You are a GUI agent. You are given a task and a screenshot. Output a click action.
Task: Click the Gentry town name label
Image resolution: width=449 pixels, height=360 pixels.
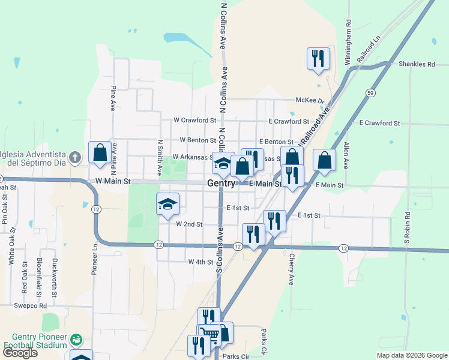pos(221,183)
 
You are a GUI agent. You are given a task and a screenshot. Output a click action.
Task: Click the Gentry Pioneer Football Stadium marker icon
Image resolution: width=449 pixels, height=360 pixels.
pos(76,340)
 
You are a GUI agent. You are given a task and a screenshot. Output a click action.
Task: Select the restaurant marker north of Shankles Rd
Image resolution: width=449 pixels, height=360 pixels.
pos(316,58)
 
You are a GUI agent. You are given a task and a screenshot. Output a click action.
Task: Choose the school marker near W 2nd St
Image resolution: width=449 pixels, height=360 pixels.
pos(168,204)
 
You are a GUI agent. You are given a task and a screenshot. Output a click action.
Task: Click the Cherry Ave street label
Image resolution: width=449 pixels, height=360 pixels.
pos(291,268)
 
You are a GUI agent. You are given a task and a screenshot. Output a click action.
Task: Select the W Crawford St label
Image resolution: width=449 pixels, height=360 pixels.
pos(194,121)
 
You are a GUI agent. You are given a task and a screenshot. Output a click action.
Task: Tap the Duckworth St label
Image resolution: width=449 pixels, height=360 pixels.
pos(54,278)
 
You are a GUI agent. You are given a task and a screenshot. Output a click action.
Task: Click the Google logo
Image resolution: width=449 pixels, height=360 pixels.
pos(20,353)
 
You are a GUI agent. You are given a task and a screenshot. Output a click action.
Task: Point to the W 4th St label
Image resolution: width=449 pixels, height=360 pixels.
pos(200,262)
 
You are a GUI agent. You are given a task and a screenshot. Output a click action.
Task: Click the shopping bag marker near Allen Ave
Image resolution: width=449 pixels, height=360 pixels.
pos(324,160)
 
